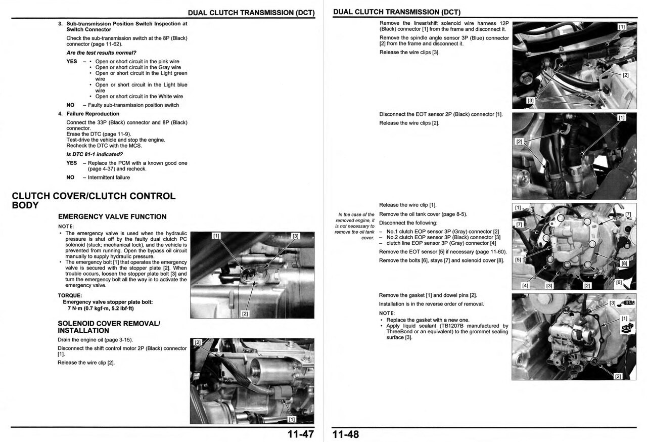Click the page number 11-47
coord(301,434)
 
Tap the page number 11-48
coord(346,434)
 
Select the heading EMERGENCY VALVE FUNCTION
coord(112,216)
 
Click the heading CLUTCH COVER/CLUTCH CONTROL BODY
coord(94,200)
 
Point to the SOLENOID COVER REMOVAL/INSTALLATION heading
coord(104,327)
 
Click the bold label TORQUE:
coord(70,295)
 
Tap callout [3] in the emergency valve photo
coord(296,236)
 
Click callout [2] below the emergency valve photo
coord(245,314)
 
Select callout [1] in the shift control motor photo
coord(292,419)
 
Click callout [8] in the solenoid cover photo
coord(624,263)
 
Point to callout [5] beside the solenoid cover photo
coord(518,260)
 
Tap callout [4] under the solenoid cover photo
coord(525,286)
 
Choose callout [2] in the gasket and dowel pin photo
coord(618,376)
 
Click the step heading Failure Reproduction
coord(93,114)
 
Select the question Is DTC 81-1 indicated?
coord(95,154)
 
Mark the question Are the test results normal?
coord(101,53)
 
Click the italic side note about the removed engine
coord(355,226)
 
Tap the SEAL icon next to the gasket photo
coord(629,302)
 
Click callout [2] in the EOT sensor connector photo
coord(519,142)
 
